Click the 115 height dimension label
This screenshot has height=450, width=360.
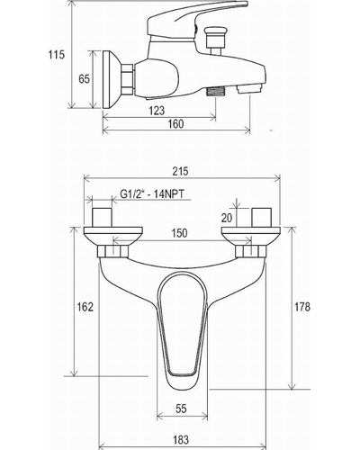[x=57, y=55]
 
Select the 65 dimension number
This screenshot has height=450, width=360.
[x=84, y=79]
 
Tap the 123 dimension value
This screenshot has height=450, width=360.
[x=157, y=111]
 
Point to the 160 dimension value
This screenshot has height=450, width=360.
[x=175, y=123]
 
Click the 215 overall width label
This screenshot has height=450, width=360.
[x=181, y=171]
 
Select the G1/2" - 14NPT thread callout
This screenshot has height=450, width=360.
[x=152, y=193]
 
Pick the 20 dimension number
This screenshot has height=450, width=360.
[x=227, y=218]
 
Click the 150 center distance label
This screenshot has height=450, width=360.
[x=179, y=233]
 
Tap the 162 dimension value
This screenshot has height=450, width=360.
[x=85, y=307]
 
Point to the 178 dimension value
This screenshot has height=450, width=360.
[x=302, y=307]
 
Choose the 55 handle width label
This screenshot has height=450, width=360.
[x=181, y=409]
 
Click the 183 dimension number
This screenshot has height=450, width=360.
[x=181, y=439]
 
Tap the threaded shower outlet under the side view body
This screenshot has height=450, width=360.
[x=216, y=92]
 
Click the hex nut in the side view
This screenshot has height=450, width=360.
[x=127, y=79]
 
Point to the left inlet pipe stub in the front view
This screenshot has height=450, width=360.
[x=102, y=217]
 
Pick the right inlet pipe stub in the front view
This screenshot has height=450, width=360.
[x=262, y=217]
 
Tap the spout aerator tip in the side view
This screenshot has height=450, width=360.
[x=250, y=89]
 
